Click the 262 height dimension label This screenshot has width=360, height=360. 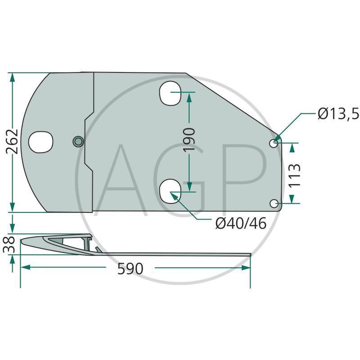click(x=13, y=141)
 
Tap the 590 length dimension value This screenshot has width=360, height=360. click(x=130, y=269)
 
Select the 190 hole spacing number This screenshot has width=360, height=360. click(x=189, y=140)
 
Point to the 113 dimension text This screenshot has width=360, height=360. click(x=294, y=175)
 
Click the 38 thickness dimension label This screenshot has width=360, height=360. click(x=9, y=245)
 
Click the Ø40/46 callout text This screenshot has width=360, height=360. click(x=241, y=223)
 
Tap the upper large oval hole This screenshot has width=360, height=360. click(x=170, y=93)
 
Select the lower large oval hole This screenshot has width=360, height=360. click(x=170, y=191)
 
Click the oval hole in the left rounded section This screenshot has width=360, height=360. click(x=41, y=142)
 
